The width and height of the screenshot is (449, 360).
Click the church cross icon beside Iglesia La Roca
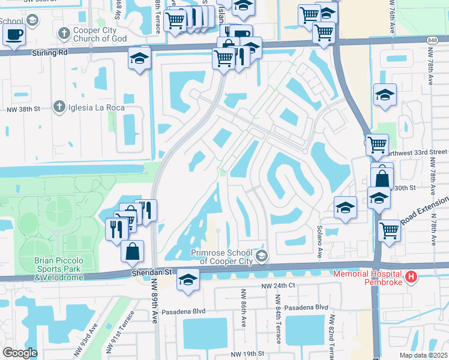point(59,107)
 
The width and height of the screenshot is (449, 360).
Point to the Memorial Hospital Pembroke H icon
point(411,277)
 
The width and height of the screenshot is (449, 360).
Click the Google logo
point(20,352)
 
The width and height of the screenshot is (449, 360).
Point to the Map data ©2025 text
point(424,355)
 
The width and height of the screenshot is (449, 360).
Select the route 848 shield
point(433,40)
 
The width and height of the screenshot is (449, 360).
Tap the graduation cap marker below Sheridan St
point(188,280)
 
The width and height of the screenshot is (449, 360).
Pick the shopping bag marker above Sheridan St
point(132,251)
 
